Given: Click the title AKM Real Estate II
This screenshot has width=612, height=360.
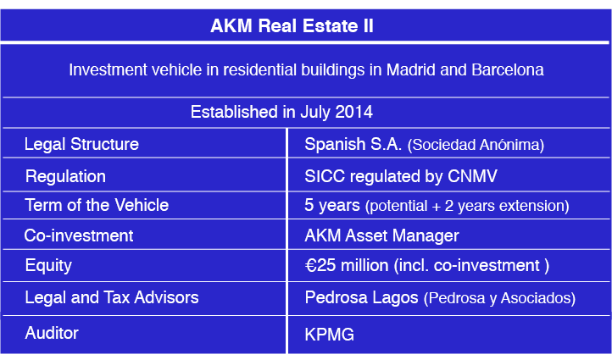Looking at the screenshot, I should [292, 26].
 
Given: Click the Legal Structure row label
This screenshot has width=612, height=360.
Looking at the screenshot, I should [81, 144].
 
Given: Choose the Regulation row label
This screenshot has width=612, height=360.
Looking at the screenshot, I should [65, 176].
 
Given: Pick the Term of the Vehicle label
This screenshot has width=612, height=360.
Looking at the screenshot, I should [97, 205].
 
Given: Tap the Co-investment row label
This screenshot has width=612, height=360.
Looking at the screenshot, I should [79, 235].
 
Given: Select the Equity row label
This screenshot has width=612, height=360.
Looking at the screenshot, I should [48, 265].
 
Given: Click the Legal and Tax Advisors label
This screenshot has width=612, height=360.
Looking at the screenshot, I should [112, 297].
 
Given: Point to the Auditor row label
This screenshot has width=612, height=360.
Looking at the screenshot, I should [52, 333].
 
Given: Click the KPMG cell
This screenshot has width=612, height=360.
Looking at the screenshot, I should [329, 335].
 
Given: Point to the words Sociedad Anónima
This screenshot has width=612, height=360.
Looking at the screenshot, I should [476, 145].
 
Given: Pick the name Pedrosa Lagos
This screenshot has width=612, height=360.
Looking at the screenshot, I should [359, 297].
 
